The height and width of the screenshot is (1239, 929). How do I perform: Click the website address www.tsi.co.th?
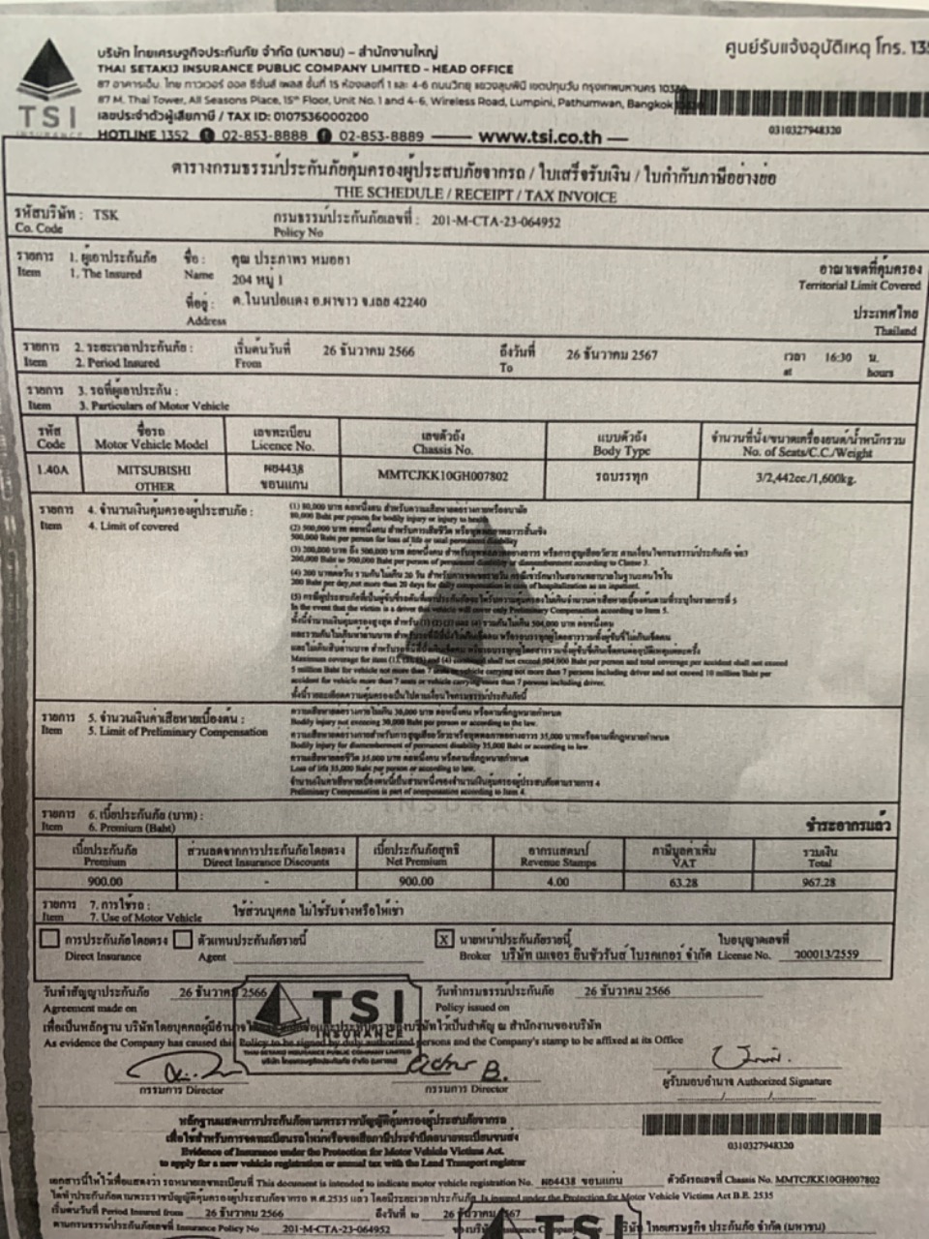540,137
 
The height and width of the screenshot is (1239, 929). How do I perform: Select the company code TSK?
105,215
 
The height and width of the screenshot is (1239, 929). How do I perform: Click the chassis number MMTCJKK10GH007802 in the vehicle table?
443,475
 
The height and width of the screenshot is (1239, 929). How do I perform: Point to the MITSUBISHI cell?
155,469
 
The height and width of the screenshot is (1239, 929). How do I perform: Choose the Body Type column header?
622,444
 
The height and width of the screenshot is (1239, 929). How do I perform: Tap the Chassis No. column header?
443,442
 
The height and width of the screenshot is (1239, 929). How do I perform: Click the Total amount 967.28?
819,882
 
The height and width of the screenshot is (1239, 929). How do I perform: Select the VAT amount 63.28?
683,882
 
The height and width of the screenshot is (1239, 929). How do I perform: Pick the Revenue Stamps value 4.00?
557,882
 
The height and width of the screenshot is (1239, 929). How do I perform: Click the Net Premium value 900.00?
417,882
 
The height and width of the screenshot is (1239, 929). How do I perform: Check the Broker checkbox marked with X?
443,939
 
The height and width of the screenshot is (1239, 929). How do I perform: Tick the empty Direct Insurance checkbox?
49,939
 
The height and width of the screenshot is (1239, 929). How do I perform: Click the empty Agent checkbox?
183,939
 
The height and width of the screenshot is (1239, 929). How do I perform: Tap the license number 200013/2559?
825,953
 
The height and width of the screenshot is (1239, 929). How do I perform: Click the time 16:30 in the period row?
838,357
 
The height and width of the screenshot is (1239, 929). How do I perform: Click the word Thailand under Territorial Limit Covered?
895,331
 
